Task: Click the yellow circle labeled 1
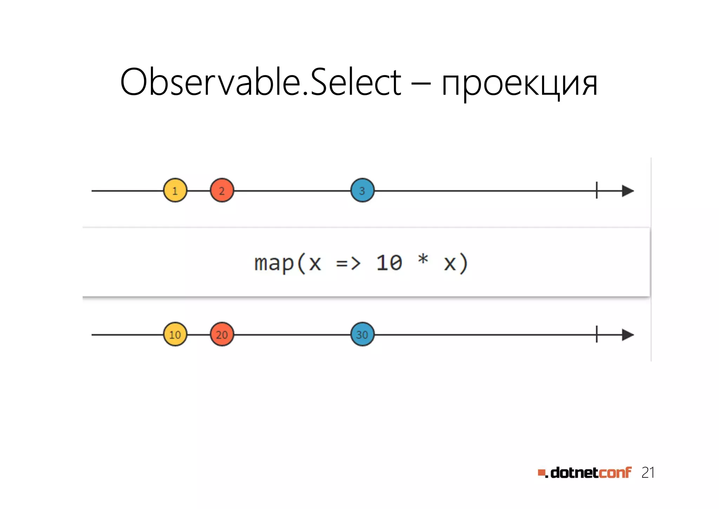coord(175,191)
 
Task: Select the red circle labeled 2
coord(222,191)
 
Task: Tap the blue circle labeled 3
coord(362,191)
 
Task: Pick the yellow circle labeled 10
coord(175,334)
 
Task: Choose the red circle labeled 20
coord(222,334)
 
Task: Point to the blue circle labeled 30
coord(362,334)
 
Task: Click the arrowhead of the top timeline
coord(627,191)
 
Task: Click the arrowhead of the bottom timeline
coord(627,335)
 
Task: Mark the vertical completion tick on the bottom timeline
coord(596,334)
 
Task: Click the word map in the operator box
coord(274,264)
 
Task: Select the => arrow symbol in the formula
coord(348,263)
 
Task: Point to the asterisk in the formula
coord(423,259)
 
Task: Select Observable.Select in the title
coord(260,82)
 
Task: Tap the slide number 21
coord(648,473)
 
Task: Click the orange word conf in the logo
coord(615,473)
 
